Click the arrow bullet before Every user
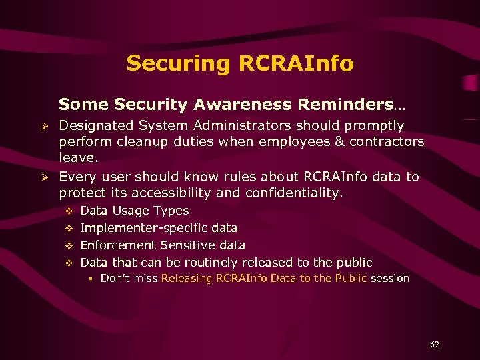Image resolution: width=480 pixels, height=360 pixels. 45,177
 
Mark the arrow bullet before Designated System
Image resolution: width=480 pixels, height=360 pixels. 45,126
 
